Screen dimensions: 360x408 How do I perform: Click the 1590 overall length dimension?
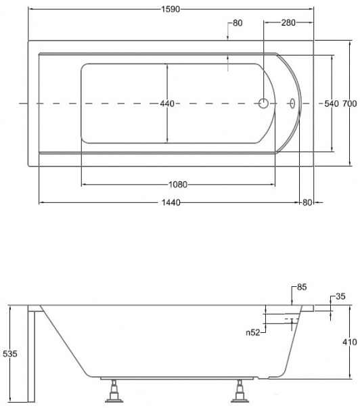171,9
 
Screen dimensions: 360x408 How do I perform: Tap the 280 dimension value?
288,23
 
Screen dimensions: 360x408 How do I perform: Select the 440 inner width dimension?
167,104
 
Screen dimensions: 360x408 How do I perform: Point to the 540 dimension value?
332,104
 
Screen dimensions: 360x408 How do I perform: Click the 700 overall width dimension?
350,104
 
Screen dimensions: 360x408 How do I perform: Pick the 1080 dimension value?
178,185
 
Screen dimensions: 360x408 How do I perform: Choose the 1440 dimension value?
171,202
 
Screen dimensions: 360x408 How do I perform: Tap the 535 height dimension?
10,354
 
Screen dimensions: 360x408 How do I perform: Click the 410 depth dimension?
350,342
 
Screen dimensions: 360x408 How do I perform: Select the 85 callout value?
302,287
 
